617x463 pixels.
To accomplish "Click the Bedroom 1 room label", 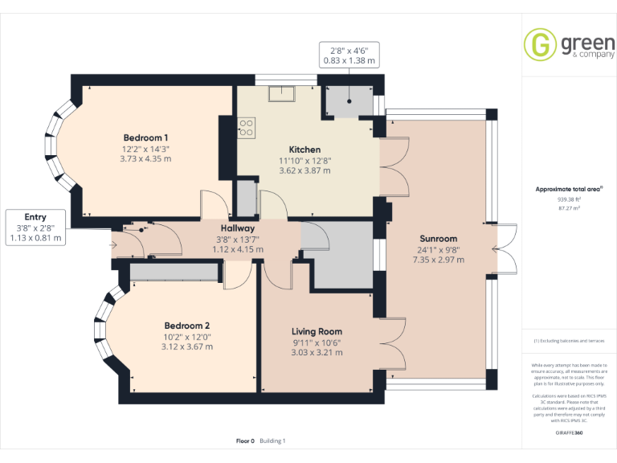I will pos(145,137).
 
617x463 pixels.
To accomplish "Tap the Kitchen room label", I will pos(304,150).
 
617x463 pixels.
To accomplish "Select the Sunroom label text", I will pos(438,239).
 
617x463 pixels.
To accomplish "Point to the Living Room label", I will pos(317,331).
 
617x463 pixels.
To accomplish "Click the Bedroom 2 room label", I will pos(187,326).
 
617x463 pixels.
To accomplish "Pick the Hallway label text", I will pos(238,228).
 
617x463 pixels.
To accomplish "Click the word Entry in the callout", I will pos(35,217).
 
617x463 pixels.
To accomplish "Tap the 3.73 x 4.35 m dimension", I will pos(145,158).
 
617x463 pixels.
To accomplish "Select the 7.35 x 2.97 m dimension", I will pos(438,260).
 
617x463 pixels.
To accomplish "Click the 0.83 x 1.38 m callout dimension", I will pos(349,60).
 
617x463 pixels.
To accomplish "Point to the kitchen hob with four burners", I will pos(247,126).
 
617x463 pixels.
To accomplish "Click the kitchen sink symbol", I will pos(283,93).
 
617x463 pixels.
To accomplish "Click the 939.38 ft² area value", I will pos(569,199).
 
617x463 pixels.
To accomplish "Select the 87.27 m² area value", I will pos(569,207).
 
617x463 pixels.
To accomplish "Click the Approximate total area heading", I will pos(569,190).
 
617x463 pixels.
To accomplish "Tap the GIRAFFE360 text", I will pos(569,432).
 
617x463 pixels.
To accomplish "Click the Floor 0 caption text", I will pos(244,440).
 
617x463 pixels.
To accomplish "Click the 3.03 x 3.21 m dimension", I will pos(317,352).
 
